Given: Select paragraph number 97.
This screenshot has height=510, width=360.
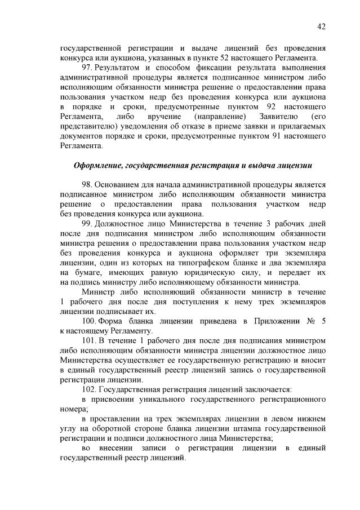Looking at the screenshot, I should [x=87, y=68].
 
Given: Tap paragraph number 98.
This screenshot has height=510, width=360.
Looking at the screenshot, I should [x=87, y=184].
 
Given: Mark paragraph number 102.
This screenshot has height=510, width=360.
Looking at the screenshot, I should [x=89, y=389].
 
